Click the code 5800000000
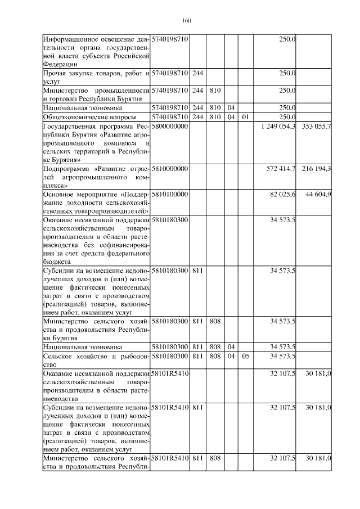170,127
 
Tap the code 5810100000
170,194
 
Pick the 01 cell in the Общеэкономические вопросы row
245,117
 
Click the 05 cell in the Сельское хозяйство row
245,356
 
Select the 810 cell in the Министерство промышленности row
214,90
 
